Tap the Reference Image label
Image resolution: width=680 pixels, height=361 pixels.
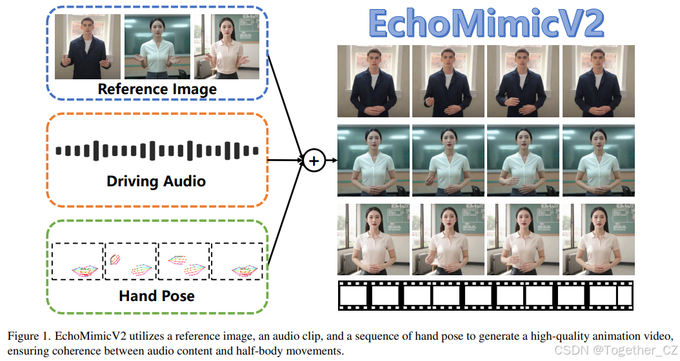click(x=157, y=89)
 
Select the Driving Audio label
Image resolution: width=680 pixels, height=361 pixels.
click(x=155, y=181)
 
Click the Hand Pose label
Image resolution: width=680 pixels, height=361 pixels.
click(x=157, y=296)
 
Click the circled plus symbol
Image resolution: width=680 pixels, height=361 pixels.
click(x=314, y=161)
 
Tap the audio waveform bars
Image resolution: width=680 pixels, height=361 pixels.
click(x=157, y=151)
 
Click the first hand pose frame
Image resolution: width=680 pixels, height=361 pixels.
click(x=78, y=261)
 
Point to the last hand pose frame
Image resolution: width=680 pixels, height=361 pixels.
click(x=237, y=261)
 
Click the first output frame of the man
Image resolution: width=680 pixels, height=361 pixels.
click(x=374, y=81)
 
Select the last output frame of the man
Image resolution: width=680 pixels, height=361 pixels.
click(x=599, y=81)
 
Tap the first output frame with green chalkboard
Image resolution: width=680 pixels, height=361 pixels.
click(x=374, y=160)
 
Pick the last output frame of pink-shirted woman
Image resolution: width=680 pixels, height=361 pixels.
click(x=599, y=239)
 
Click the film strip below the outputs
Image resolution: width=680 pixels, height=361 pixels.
click(x=486, y=296)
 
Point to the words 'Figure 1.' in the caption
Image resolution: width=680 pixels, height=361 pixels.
click(x=29, y=337)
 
